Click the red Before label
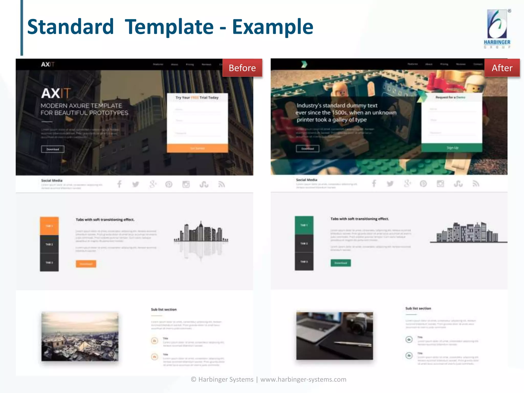pos(242,68)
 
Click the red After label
pos(502,68)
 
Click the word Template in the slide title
pos(169,27)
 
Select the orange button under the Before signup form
pos(197,148)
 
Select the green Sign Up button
pos(452,148)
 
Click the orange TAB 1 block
pos(49,226)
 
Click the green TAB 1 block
pos(304,225)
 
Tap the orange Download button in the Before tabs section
pos(86,264)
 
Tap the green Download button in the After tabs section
pos(341,263)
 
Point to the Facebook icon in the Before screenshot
pos(119,184)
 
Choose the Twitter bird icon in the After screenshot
pos(390,184)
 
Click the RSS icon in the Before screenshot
pos(222,184)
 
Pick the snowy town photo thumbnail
pos(80,336)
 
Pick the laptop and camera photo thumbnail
pos(334,336)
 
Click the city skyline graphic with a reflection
pos(201,239)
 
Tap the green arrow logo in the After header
pos(304,64)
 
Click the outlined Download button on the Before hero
pos(53,149)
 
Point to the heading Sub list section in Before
pos(164,309)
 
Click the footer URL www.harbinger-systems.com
pos(303,379)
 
